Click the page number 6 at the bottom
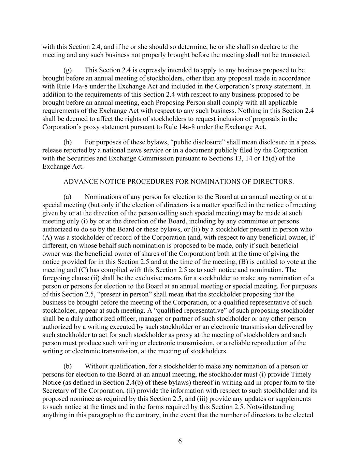[180, 441]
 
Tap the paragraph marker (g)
[68, 70]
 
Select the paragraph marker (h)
[68, 142]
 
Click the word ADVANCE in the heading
[77, 182]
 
